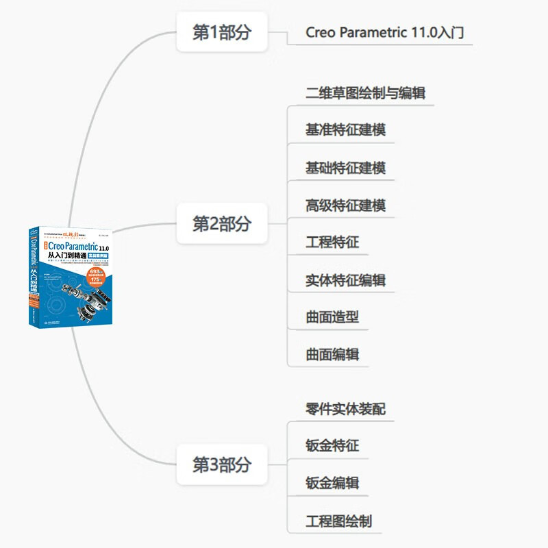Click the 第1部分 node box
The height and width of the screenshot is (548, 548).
tap(222, 32)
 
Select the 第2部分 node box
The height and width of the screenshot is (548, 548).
tap(222, 223)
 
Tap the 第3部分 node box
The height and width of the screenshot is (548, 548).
tap(222, 464)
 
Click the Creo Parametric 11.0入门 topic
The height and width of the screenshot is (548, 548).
tap(379, 32)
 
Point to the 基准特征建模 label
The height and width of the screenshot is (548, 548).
tap(345, 129)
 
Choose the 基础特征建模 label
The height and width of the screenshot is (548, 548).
tap(345, 167)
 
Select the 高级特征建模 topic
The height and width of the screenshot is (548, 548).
tap(345, 205)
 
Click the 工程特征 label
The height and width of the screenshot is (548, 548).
tap(332, 242)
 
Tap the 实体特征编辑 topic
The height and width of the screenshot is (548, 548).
tap(345, 279)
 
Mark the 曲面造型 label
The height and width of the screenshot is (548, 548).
tap(332, 317)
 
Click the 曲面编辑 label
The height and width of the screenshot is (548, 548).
tap(332, 354)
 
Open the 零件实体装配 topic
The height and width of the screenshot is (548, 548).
tap(345, 409)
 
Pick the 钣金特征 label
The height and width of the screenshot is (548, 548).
tap(332, 446)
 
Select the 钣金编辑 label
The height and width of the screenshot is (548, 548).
tap(332, 483)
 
